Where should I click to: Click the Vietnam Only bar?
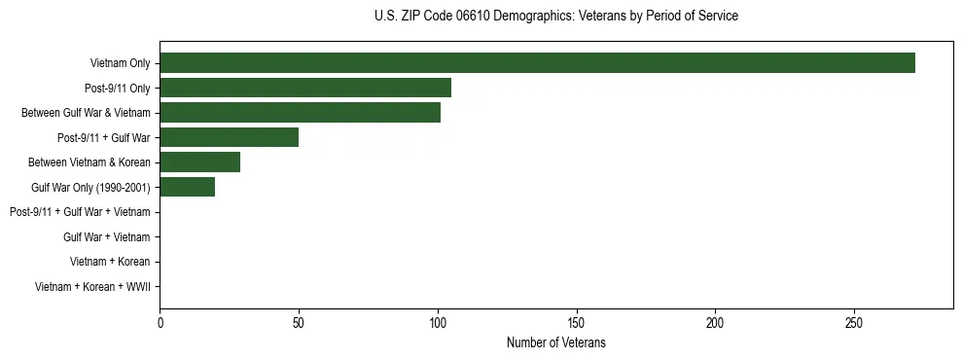click(x=537, y=63)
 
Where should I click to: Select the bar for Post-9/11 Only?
click(x=305, y=88)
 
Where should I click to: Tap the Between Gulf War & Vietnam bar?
click(x=300, y=113)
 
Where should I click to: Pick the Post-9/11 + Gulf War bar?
click(x=229, y=137)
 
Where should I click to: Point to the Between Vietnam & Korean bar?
click(x=199, y=162)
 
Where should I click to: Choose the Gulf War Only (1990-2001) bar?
click(x=187, y=187)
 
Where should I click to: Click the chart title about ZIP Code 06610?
click(x=555, y=17)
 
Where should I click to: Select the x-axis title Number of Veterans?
click(x=555, y=342)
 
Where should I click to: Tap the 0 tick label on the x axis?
click(x=160, y=322)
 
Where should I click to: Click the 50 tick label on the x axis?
click(x=299, y=322)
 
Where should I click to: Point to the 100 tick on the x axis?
click(x=438, y=322)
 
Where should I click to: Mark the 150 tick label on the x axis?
click(x=577, y=322)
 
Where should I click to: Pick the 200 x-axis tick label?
click(x=716, y=322)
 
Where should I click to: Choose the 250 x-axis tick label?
click(x=854, y=322)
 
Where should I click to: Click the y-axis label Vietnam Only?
click(x=120, y=63)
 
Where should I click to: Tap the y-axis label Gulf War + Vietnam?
click(x=106, y=236)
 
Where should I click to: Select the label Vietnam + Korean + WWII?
click(x=92, y=286)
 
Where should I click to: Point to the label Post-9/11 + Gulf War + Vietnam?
click(x=80, y=212)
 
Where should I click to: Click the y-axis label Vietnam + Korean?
click(x=110, y=262)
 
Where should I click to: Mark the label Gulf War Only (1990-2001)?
click(x=90, y=187)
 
